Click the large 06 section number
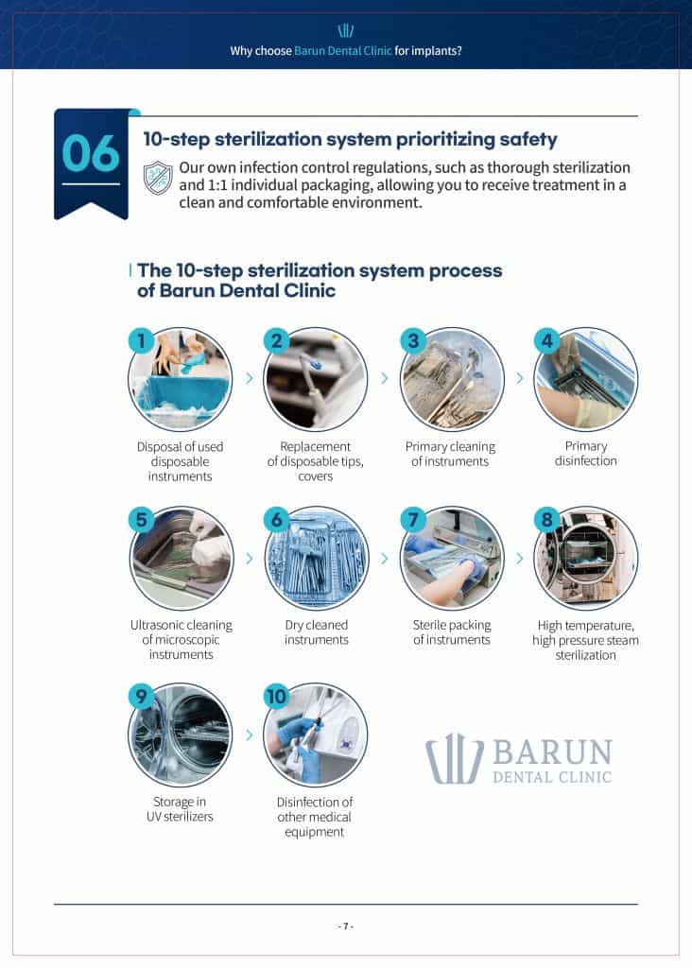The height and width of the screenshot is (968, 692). [x=91, y=153]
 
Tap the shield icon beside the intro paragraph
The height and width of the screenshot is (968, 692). [x=158, y=177]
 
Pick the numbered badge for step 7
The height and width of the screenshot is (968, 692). [x=412, y=519]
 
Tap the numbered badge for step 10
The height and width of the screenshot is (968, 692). [x=276, y=697]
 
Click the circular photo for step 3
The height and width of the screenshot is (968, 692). [x=452, y=379]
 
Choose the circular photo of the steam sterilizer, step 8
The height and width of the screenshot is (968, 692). [x=586, y=558]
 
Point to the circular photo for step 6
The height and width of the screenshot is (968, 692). [x=317, y=558]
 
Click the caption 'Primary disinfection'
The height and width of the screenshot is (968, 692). [x=586, y=454]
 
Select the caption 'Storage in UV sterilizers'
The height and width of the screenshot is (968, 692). [x=180, y=809]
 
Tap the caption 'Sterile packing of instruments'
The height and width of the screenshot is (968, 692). [x=452, y=632]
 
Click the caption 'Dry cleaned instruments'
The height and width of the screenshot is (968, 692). [x=317, y=632]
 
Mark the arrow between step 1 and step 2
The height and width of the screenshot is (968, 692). [x=249, y=378]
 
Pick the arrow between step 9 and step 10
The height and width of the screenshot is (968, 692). [x=249, y=735]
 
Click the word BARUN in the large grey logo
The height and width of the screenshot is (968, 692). [x=551, y=752]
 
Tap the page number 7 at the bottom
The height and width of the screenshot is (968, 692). [x=346, y=926]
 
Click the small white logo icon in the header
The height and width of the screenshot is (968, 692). [x=346, y=30]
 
